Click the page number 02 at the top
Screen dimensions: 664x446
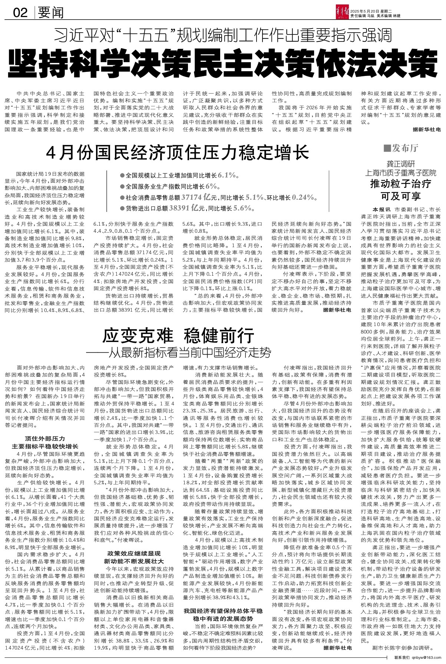tap(20, 13)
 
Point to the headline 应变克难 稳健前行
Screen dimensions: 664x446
tap(179, 336)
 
